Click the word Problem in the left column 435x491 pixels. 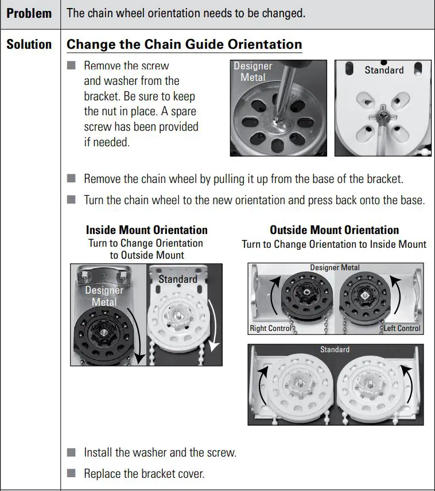point(29,13)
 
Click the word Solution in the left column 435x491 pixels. point(29,45)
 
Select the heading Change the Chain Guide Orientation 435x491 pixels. point(184,45)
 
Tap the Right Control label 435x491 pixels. point(270,329)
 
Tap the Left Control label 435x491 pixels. point(402,329)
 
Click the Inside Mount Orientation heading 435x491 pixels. point(147,230)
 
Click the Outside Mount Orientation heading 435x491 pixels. point(334,230)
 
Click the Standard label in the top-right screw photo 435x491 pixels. point(384,70)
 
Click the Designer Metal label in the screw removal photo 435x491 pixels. point(253,72)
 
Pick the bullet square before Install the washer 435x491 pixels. point(71,452)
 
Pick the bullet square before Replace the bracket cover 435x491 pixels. point(71,474)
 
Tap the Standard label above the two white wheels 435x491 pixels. point(335,349)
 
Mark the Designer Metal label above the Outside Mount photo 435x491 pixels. point(335,267)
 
